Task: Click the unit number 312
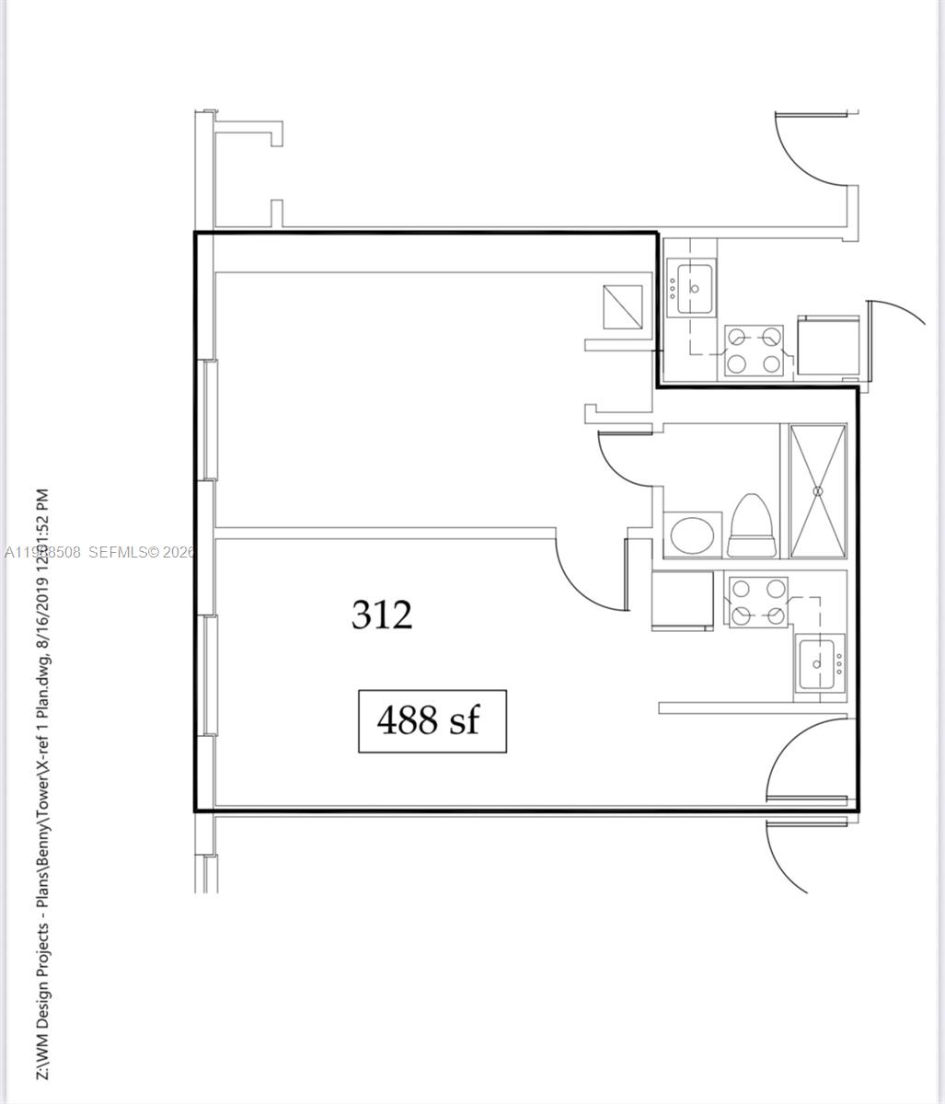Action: [x=382, y=615]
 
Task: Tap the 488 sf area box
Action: [x=432, y=720]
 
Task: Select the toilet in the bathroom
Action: [x=749, y=527]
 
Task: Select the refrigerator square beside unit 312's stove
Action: [x=682, y=600]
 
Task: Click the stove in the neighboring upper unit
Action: [x=754, y=350]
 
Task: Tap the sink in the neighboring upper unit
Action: [x=691, y=288]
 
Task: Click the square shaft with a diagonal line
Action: [x=622, y=307]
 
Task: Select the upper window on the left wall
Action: [x=210, y=420]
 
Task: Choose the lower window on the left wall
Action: [x=209, y=674]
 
